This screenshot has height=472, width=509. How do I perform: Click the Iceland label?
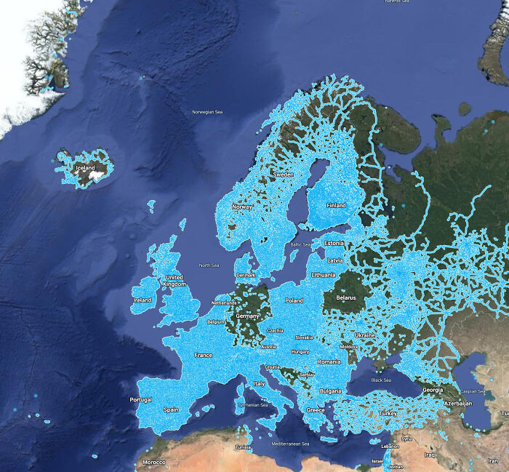tap(85, 169)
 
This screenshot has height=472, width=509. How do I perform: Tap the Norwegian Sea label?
tap(207, 112)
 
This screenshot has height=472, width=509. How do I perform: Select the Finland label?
tap(336, 206)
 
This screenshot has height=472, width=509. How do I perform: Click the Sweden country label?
tap(283, 175)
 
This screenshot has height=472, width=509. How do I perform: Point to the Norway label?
tap(241, 207)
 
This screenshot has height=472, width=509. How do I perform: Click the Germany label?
tap(247, 316)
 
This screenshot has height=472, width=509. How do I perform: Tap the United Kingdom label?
tap(175, 281)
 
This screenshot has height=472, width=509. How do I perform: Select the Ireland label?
tap(143, 300)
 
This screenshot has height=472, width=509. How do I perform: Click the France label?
tap(204, 355)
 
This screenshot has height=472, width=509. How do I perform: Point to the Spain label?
tap(171, 409)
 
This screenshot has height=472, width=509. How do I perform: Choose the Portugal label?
tap(141, 400)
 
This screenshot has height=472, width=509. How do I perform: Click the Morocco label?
tap(153, 463)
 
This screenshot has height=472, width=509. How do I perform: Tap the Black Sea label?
tap(381, 380)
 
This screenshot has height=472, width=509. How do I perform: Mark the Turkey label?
tap(388, 413)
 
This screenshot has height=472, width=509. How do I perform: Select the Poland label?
tap(294, 300)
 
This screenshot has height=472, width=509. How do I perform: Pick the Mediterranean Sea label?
tap(290, 444)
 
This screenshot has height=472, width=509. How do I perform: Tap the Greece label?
tap(316, 410)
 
